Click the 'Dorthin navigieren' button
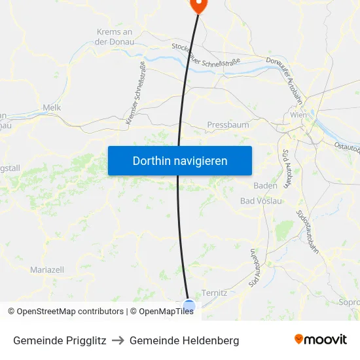tap(179, 160)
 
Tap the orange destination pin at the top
tap(198, 5)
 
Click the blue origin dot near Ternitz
tap(189, 306)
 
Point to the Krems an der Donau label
tap(115, 37)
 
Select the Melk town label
tap(51, 107)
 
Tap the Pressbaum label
tap(228, 124)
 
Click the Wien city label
tap(298, 115)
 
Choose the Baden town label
tap(265, 185)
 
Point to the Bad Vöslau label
tap(261, 201)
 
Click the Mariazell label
tap(47, 270)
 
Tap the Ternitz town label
tap(214, 293)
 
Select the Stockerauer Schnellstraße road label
tap(206, 55)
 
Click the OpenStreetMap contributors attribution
tap(65, 312)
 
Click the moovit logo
tap(320, 339)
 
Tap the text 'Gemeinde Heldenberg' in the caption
tap(184, 340)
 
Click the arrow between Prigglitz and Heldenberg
tap(118, 340)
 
